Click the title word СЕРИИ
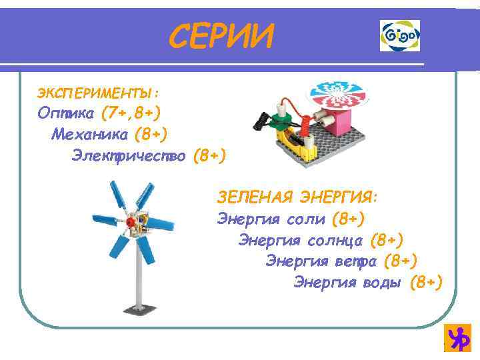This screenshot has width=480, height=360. click(x=221, y=36)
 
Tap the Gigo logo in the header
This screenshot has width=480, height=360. click(x=400, y=35)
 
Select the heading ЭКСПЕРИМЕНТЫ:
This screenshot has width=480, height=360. click(x=97, y=90)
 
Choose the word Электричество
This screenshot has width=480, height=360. click(x=129, y=155)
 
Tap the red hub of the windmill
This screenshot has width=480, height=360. click(x=132, y=221)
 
